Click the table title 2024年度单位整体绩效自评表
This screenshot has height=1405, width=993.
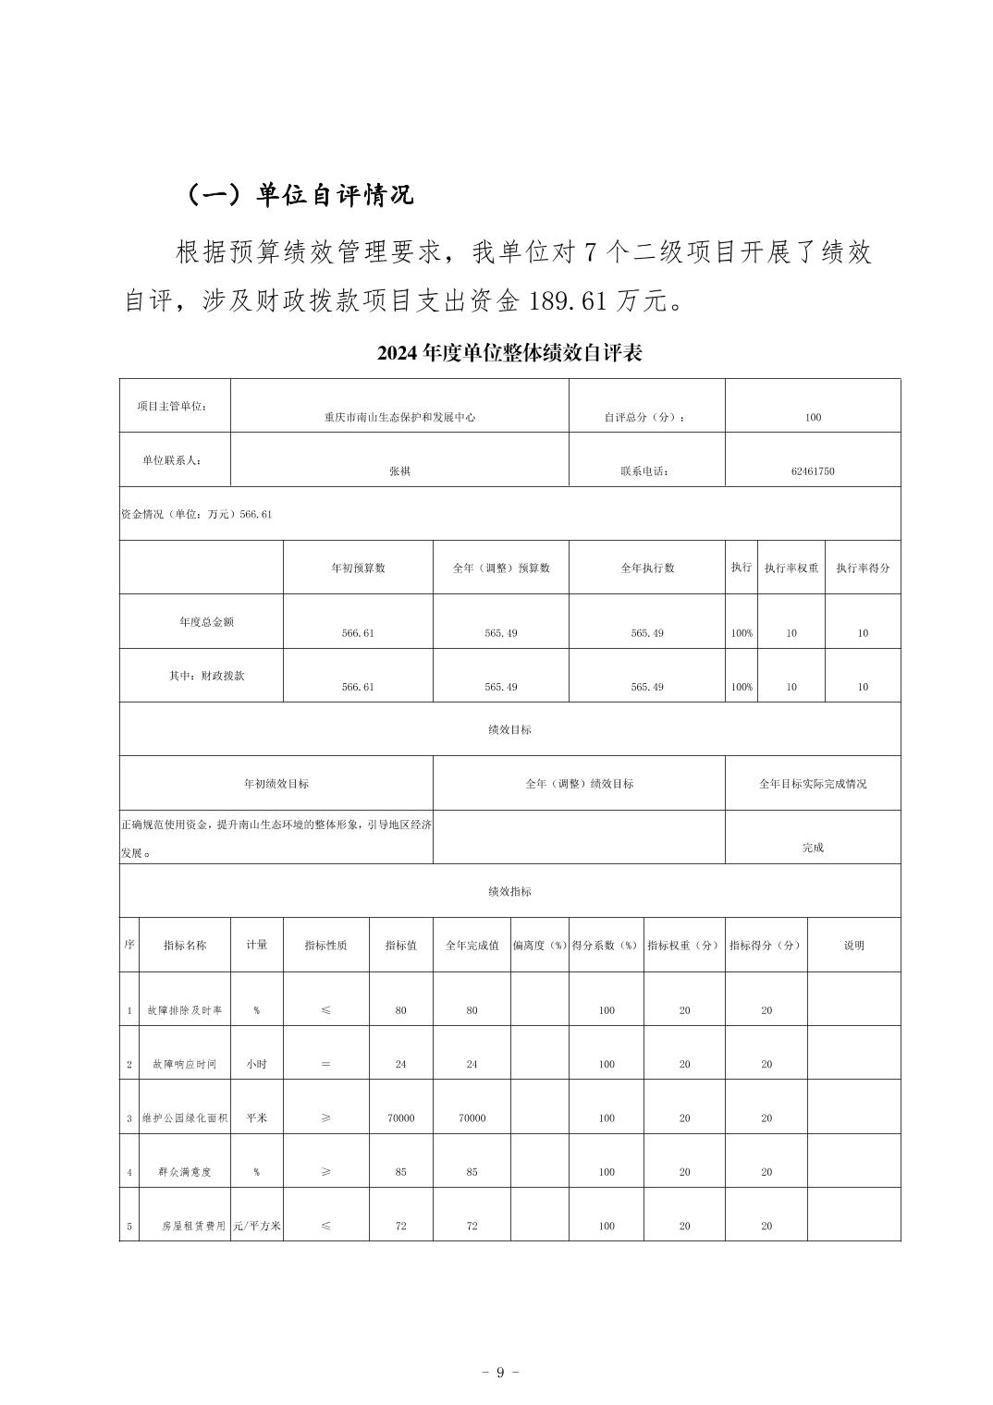pyautogui.click(x=509, y=353)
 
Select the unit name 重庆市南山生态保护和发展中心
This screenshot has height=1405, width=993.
pyautogui.click(x=399, y=418)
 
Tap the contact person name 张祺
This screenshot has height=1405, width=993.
pyautogui.click(x=399, y=471)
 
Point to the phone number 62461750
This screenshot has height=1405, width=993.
pyautogui.click(x=813, y=471)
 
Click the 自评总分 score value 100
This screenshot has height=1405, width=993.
pyautogui.click(x=813, y=418)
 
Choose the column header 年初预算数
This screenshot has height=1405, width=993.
pyautogui.click(x=358, y=568)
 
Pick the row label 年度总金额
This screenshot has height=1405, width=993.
pyautogui.click(x=206, y=622)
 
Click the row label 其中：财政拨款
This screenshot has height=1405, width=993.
pyautogui.click(x=206, y=676)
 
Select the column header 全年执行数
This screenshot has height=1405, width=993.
pyautogui.click(x=646, y=568)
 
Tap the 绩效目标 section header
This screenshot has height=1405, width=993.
pyautogui.click(x=509, y=730)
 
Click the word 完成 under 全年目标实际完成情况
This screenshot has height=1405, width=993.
pyautogui.click(x=813, y=848)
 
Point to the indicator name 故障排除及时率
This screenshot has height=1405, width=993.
pyautogui.click(x=185, y=1011)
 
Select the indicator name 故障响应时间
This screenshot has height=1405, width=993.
pyautogui.click(x=185, y=1065)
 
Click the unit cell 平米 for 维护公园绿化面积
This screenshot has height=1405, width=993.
pyautogui.click(x=256, y=1118)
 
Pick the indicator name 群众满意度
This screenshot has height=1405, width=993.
pyautogui.click(x=185, y=1173)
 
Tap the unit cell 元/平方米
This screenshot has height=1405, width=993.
pyautogui.click(x=257, y=1227)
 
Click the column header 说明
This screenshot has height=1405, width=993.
pyautogui.click(x=853, y=946)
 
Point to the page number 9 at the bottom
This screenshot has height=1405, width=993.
pyautogui.click(x=500, y=1372)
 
